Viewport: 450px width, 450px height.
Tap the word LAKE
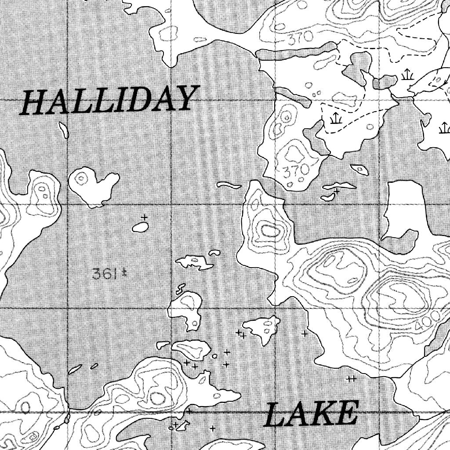(x=311, y=414)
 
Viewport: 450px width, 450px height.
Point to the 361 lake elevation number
(x=105, y=274)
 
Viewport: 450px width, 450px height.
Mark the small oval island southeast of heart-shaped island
(x=140, y=227)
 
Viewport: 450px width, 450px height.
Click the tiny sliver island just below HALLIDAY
(x=64, y=130)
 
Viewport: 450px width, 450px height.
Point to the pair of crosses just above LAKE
(x=351, y=378)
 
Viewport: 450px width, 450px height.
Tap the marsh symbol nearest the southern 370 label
(x=335, y=119)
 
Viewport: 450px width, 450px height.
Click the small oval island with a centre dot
(x=360, y=169)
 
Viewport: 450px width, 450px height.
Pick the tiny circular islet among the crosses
(x=214, y=356)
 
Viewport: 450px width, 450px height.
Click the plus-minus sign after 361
(x=124, y=274)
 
